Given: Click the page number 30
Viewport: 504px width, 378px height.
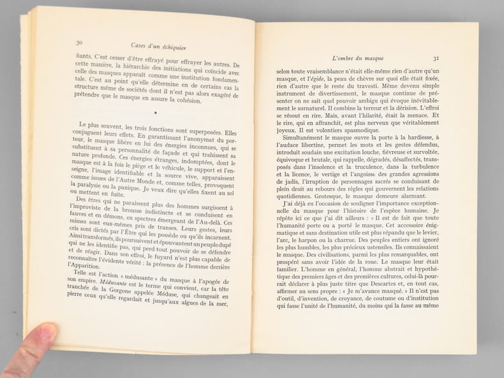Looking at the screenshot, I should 80,43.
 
